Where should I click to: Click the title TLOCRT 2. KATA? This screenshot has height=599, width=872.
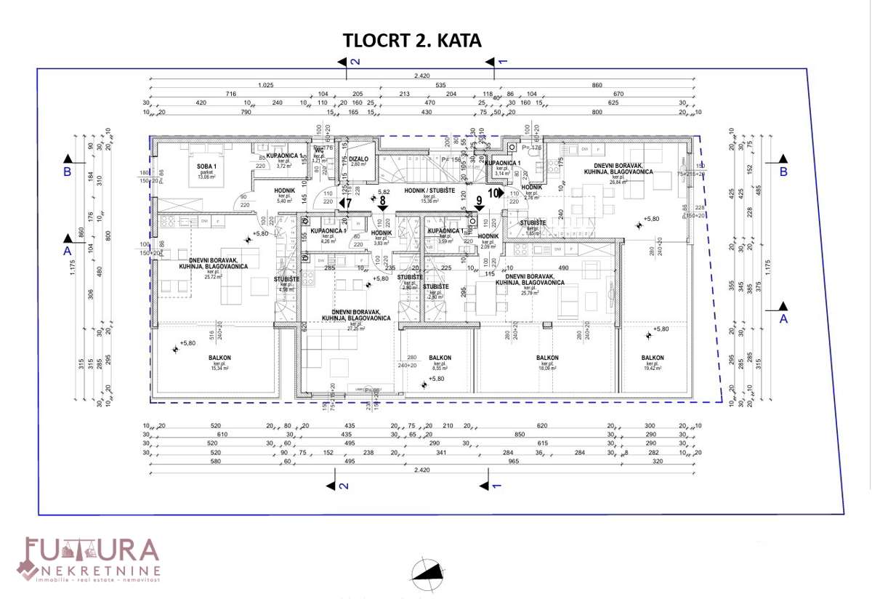412,41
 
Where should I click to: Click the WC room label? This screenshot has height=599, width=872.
318,151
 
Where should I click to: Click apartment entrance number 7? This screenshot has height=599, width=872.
348,203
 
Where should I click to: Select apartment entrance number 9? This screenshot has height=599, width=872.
479,200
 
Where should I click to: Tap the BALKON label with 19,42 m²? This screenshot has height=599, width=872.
652,358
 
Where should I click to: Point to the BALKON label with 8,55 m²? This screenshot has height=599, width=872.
440,358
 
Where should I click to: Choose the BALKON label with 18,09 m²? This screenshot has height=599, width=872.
547,358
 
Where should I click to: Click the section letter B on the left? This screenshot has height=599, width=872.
67,172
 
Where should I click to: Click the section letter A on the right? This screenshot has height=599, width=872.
783,318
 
